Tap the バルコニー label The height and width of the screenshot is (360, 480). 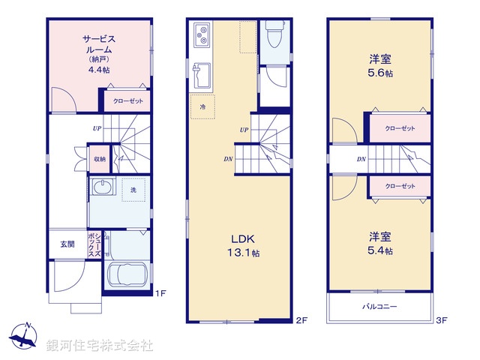pos(380,306)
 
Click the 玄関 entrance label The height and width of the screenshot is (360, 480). pos(67,244)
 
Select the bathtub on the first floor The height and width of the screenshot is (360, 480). pos(127,275)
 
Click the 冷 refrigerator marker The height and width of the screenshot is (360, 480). pos(202,108)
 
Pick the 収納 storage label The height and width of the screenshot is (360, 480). pos(99,160)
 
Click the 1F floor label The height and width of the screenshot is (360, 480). pos(160,294)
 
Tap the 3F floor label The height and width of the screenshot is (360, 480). pos(442,321)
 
